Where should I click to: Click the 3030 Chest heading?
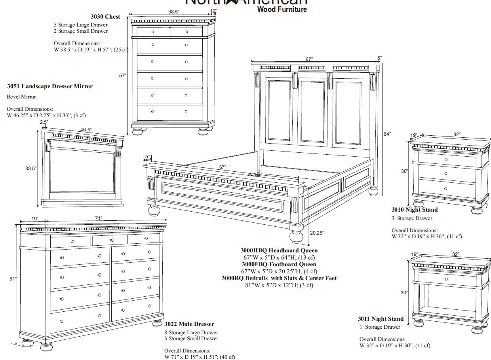click(105, 17)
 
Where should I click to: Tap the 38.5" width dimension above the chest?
click(173, 12)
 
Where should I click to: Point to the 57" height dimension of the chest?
click(123, 75)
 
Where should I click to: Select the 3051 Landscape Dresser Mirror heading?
click(50, 86)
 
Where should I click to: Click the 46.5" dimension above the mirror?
click(86, 130)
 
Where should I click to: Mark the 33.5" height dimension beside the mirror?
click(31, 169)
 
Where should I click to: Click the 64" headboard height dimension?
click(387, 134)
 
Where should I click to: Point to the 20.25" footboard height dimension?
click(317, 233)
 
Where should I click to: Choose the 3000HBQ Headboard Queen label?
click(279, 250)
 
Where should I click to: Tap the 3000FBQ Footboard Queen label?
click(279, 264)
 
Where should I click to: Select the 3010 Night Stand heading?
click(415, 210)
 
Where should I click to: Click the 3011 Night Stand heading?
click(381, 319)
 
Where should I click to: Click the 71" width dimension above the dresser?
click(98, 219)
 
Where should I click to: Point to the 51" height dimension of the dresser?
click(13, 279)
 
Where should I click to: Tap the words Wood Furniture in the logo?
click(282, 9)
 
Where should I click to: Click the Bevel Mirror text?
click(21, 97)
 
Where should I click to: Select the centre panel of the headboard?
click(313, 112)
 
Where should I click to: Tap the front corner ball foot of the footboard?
click(296, 236)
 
